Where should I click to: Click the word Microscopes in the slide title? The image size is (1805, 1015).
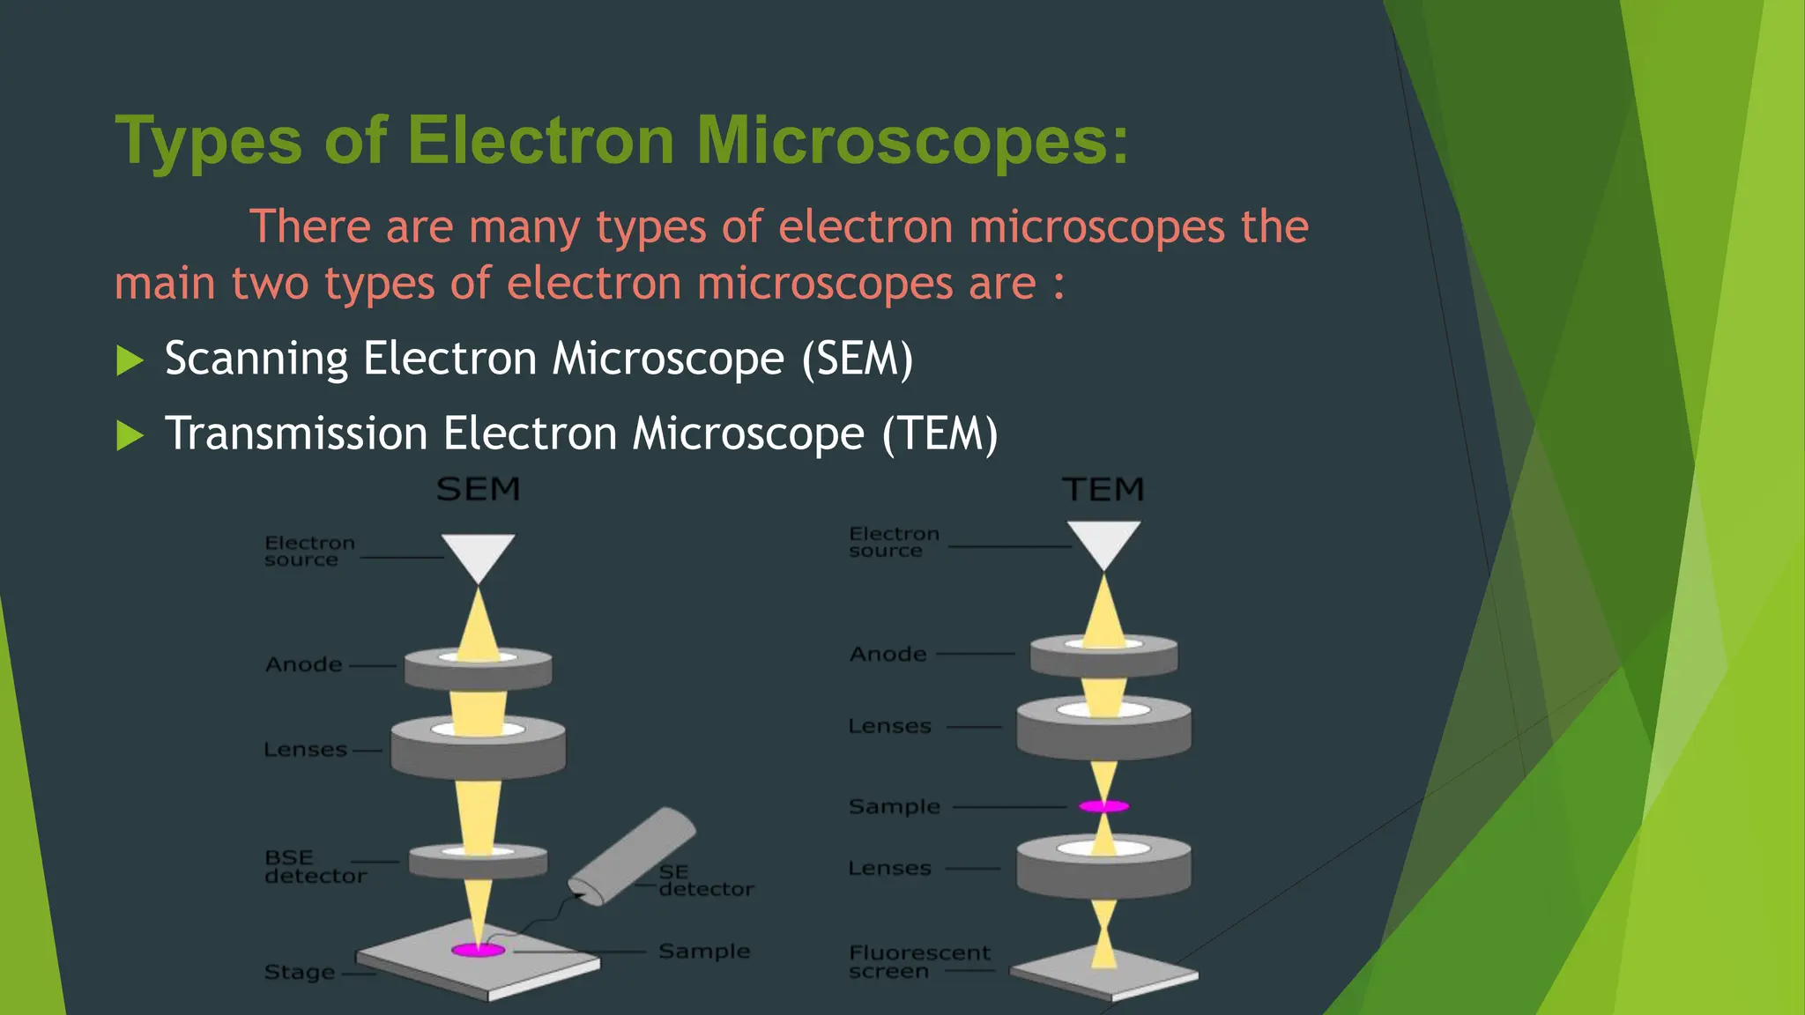coord(912,141)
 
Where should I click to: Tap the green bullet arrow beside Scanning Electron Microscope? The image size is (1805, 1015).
coord(130,360)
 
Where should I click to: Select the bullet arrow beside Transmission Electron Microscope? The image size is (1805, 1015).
coord(130,435)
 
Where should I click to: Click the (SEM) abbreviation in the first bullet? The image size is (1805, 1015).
coord(858,359)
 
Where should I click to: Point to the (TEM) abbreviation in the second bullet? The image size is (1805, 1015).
coord(940,434)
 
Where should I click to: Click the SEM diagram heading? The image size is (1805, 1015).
coord(479,489)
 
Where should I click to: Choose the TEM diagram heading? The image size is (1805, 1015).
coord(1103,489)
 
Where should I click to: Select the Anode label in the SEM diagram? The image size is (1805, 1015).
coord(304,664)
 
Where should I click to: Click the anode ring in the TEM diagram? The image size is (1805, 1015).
coord(1103,656)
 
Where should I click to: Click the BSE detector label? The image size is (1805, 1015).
coord(315,867)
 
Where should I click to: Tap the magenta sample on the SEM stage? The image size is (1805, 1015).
coord(479,950)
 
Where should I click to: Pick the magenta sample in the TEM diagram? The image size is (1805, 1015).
coord(1103,806)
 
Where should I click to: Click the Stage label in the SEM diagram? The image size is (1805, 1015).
coord(300,973)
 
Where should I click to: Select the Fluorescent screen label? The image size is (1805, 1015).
coord(919,962)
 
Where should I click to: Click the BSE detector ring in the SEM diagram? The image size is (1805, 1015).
coord(478,861)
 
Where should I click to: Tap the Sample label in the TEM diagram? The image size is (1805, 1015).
coord(894,807)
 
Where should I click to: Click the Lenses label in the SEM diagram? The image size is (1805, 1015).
coord(305,750)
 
